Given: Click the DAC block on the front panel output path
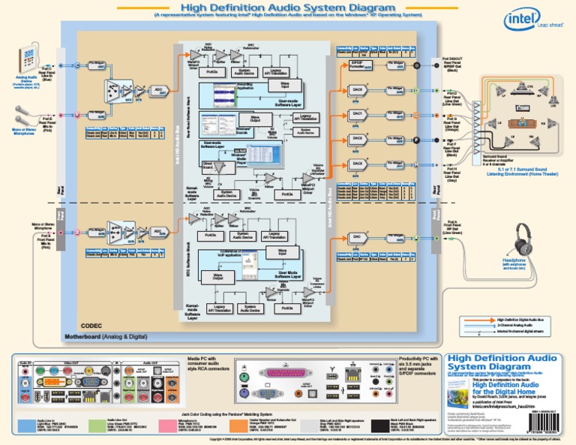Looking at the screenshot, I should pos(358,237).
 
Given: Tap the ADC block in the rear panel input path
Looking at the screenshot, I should pos(158,90).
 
